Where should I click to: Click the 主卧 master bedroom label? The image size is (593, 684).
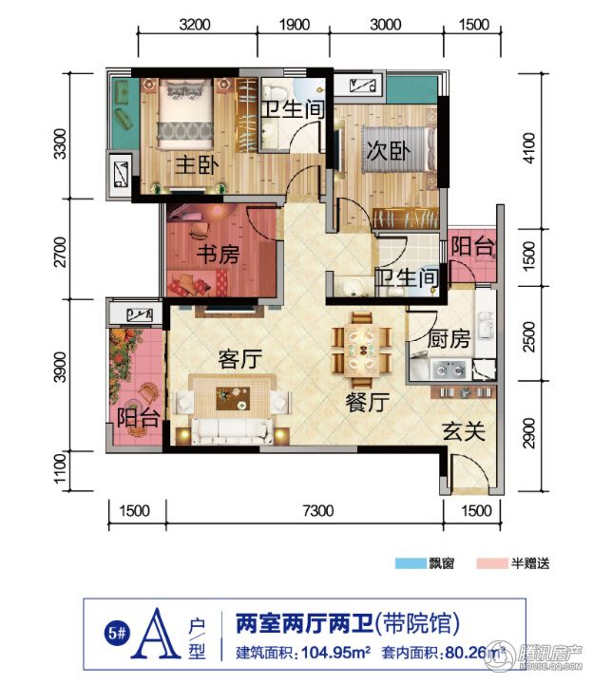pos(197,165)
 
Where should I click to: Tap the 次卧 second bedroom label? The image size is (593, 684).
pos(388,151)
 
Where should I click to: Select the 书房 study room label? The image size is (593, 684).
pos(219,255)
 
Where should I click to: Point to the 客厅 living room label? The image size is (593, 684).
pos(240,359)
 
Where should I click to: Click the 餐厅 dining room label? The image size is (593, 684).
pos(368,402)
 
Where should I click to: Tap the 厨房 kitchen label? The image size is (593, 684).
pos(449,339)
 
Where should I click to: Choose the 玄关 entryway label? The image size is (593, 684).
pos(464,431)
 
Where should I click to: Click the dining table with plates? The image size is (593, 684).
pos(362,351)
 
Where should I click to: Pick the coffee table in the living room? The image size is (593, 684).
pos(233,399)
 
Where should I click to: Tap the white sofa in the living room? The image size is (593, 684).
pos(233,431)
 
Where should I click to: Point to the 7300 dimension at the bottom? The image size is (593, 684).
pos(318,510)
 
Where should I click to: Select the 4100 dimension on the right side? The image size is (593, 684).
pos(528,148)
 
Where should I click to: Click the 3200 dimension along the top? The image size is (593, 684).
pos(195,25)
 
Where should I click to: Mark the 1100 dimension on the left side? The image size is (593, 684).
pos(60,469)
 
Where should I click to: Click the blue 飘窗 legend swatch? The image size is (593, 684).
pos(411,563)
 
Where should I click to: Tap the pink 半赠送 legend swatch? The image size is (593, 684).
pos(492,563)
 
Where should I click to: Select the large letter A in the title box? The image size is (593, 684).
pos(156,634)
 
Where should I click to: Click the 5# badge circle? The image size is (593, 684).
pos(117,633)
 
